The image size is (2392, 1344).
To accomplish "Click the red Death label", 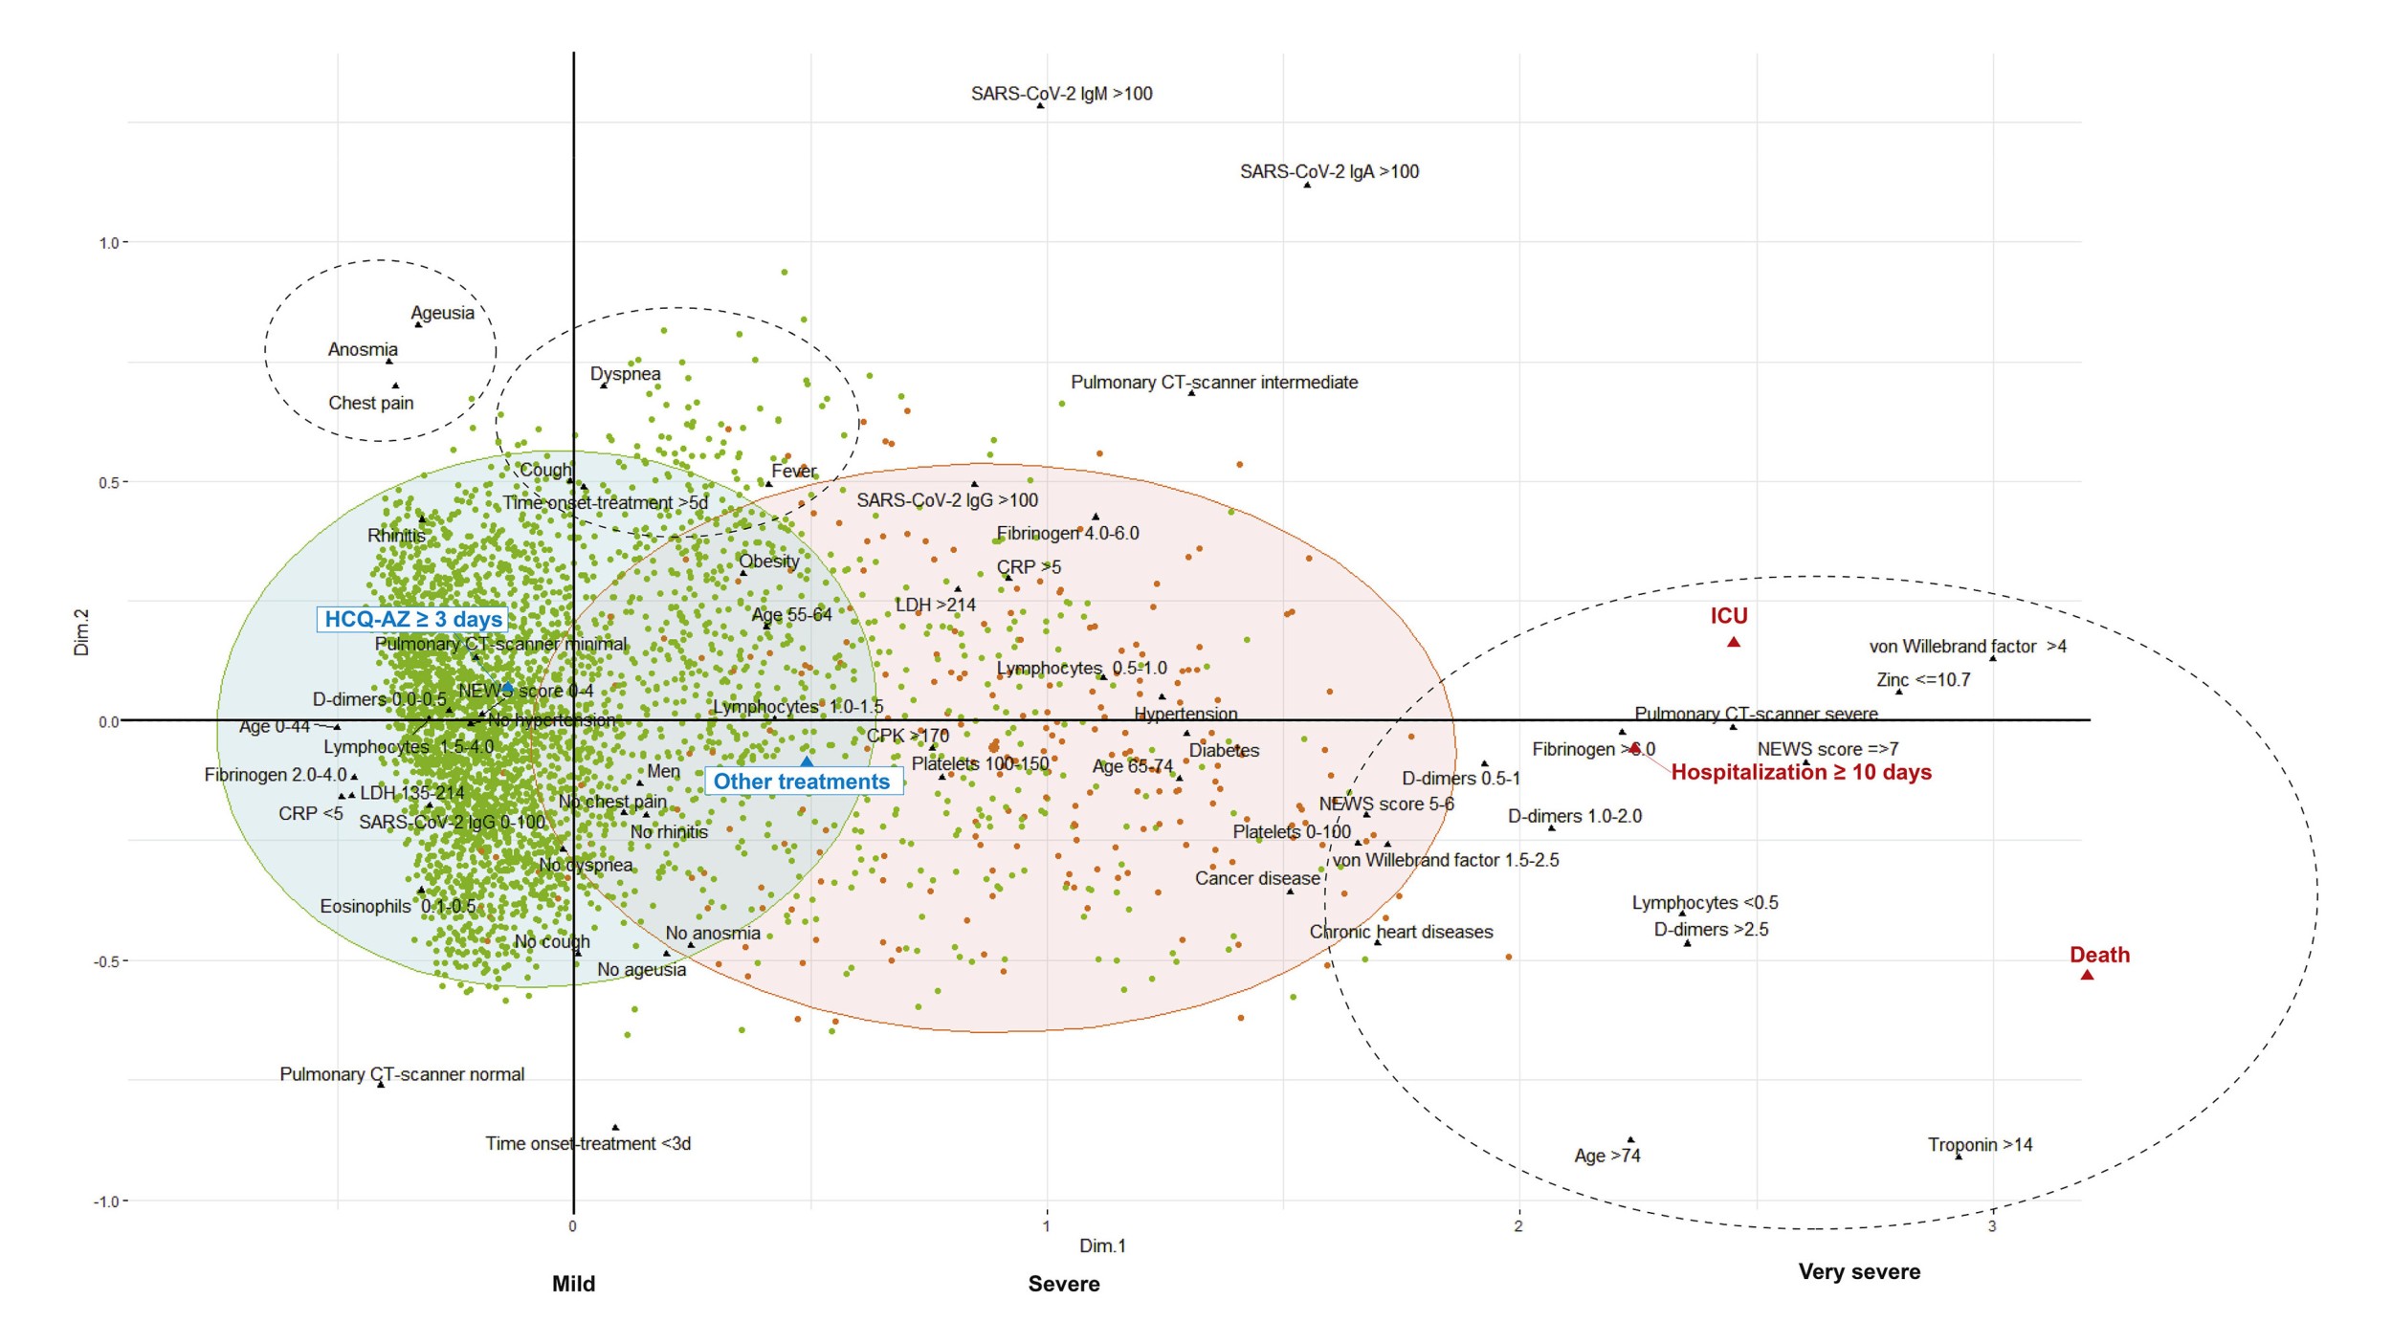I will [2098, 955].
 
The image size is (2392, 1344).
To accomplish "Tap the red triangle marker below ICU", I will [1733, 642].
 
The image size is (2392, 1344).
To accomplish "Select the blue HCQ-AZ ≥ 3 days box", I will [412, 619].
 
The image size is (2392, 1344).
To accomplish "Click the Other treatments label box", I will [803, 782].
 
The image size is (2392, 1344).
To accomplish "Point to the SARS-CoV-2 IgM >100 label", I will [1061, 94].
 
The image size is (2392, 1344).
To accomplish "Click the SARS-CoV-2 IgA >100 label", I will [1329, 172].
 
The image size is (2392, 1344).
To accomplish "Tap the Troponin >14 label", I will [1979, 1145].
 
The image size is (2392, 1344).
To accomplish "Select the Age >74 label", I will [1606, 1156].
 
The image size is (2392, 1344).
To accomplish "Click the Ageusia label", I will [442, 313].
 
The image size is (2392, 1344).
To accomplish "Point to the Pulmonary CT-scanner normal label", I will [402, 1074].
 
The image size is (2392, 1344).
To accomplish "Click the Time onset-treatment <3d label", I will [587, 1143].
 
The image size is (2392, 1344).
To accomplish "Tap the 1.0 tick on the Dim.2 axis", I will [109, 243].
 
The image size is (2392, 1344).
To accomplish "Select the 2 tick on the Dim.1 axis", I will [1517, 1226].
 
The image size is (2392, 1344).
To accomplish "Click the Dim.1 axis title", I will [1102, 1245].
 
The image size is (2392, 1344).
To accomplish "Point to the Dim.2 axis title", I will [81, 632].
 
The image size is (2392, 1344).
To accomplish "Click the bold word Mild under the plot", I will [573, 1284].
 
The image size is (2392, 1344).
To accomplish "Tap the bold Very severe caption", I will [1858, 1271].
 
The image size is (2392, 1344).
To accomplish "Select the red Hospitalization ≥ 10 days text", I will [1801, 772].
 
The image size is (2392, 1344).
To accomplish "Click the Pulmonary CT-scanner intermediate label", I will [1213, 383].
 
